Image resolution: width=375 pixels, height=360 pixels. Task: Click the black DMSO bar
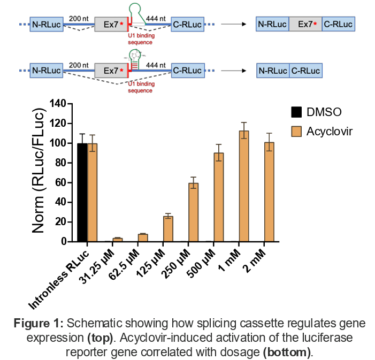pyautogui.click(x=82, y=193)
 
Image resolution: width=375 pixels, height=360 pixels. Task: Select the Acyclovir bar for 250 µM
pyautogui.click(x=194, y=212)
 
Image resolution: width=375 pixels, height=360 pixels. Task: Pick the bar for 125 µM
pyautogui.click(x=168, y=229)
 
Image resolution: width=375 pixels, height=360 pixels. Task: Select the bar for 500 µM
pyautogui.click(x=219, y=197)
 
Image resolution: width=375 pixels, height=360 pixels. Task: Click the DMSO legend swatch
pyautogui.click(x=295, y=112)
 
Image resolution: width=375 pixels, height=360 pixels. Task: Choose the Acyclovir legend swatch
pyautogui.click(x=295, y=132)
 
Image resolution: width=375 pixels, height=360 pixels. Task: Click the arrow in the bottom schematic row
pyautogui.click(x=231, y=71)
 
